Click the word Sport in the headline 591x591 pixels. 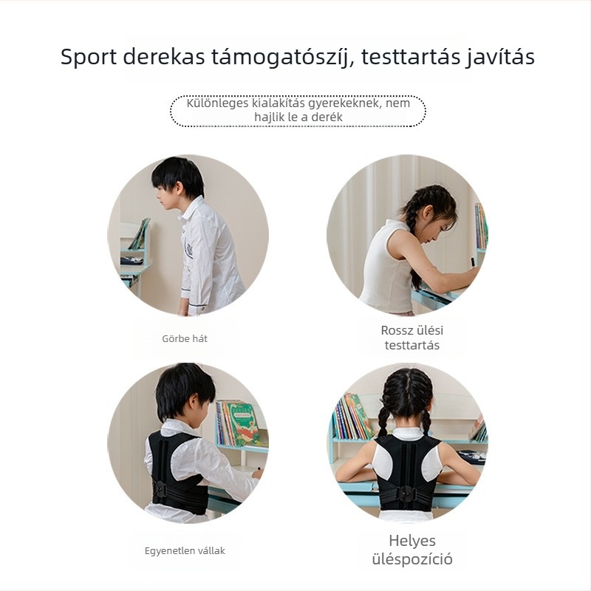click(89, 58)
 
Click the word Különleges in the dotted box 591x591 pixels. click(217, 103)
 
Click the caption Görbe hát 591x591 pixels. click(185, 338)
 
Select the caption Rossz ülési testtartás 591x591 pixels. click(412, 338)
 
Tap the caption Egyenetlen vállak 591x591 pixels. click(185, 550)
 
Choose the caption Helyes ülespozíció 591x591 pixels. click(412, 550)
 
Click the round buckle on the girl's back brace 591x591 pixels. click(406, 491)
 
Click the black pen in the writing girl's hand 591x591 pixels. click(472, 261)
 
